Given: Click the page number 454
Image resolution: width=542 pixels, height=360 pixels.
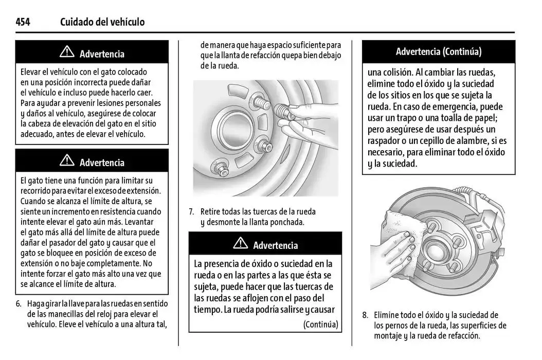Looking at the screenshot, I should point(23,22).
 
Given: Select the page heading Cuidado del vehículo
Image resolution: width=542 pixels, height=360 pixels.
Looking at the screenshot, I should point(102,22).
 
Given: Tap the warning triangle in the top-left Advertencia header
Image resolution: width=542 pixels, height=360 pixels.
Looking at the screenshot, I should point(67,53).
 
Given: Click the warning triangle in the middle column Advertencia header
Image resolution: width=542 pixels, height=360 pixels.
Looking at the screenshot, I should point(240,244).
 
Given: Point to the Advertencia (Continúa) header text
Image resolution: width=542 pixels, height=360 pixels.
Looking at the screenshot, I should point(438,51).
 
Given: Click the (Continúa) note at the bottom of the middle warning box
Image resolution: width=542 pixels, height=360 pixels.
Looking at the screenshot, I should point(320,324).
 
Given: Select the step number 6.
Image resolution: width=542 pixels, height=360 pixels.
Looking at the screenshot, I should point(19,303).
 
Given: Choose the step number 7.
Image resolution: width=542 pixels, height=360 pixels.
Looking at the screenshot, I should point(191,211).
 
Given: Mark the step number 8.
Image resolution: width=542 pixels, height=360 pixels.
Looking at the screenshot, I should point(365,315).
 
